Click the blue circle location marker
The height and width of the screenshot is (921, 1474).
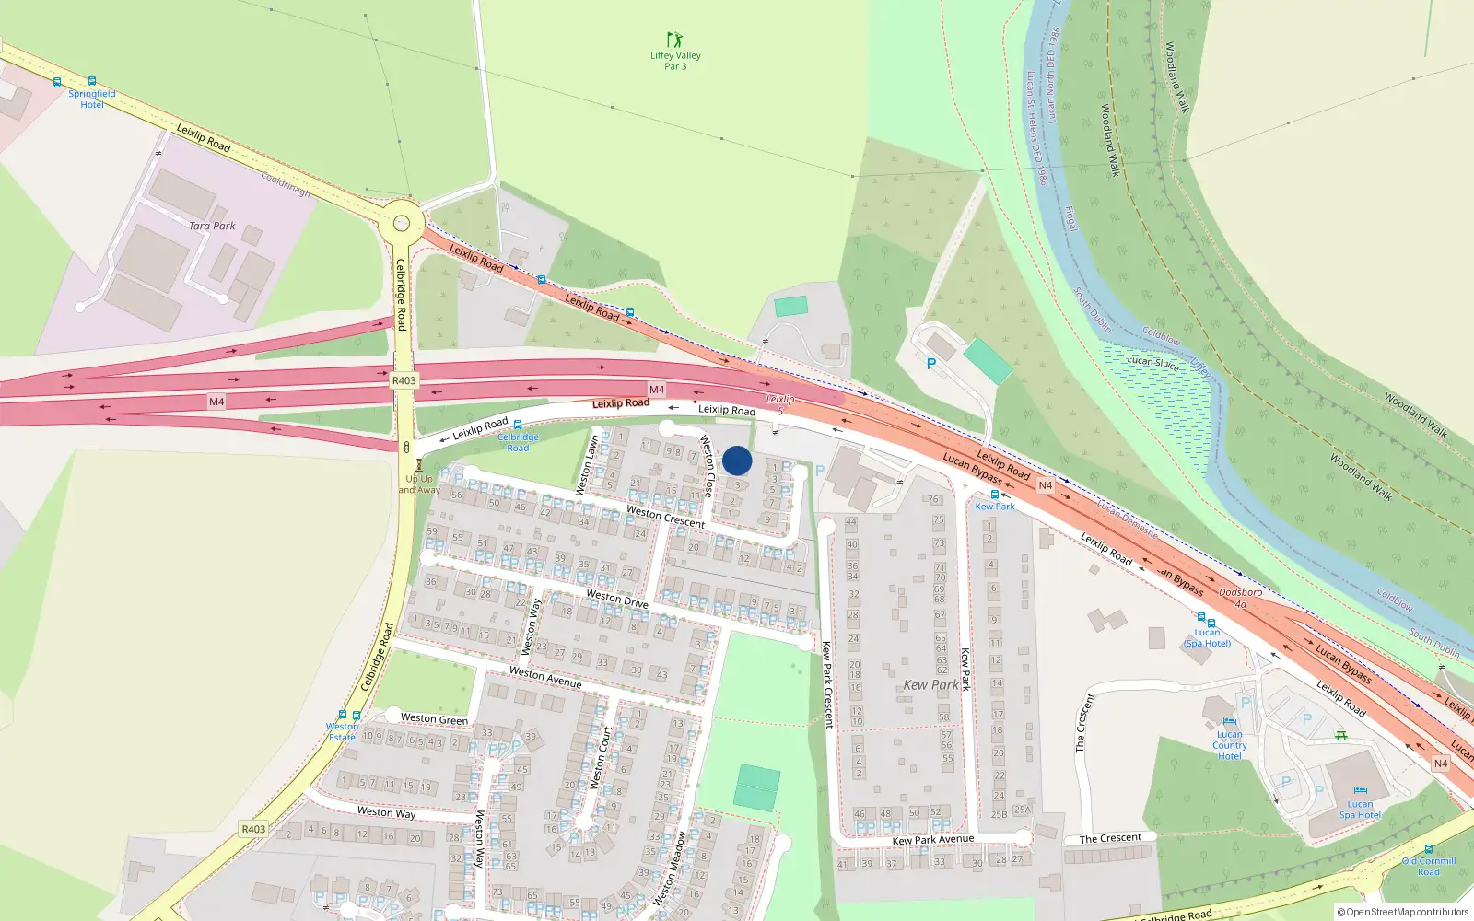click(x=737, y=460)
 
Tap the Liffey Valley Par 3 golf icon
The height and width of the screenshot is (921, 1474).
click(x=675, y=40)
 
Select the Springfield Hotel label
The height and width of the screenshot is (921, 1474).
click(x=92, y=99)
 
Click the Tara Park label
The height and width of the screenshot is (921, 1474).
click(x=212, y=226)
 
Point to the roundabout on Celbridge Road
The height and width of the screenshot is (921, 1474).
click(x=401, y=223)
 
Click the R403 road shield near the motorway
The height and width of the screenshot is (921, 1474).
click(x=404, y=380)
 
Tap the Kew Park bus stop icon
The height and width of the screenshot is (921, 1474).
click(x=995, y=495)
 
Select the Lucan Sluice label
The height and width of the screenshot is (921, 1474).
click(x=1152, y=361)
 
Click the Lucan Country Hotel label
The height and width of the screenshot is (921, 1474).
click(x=1230, y=745)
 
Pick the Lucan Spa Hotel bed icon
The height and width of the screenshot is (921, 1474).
click(x=1360, y=791)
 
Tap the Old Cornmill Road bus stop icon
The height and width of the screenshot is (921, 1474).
click(x=1429, y=850)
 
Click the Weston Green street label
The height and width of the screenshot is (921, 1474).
click(x=434, y=718)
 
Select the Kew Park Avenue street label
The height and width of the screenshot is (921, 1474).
click(x=932, y=840)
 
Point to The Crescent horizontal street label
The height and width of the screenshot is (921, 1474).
click(x=1110, y=838)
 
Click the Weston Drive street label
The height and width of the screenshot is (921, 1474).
click(x=617, y=599)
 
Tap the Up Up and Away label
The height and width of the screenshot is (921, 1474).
click(x=419, y=484)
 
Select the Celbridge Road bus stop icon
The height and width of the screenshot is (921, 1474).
click(x=518, y=426)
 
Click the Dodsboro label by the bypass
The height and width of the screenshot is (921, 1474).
click(x=1241, y=593)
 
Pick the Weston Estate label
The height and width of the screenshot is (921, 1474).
click(x=342, y=731)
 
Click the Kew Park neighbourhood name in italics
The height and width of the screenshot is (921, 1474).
click(x=930, y=685)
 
